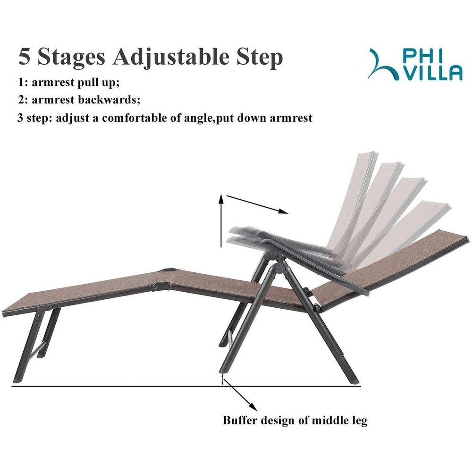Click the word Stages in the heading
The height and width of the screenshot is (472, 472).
(71, 57)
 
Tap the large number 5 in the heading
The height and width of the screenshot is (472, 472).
(25, 56)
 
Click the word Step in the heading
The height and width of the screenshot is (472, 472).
(259, 57)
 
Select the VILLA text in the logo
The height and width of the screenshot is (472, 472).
(432, 74)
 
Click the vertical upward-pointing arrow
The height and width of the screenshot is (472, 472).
(221, 220)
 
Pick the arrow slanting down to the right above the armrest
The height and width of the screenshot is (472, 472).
(257, 205)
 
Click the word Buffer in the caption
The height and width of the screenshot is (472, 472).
(240, 420)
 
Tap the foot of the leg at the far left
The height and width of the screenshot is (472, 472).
(17, 380)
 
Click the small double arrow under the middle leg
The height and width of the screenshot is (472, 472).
(223, 380)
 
